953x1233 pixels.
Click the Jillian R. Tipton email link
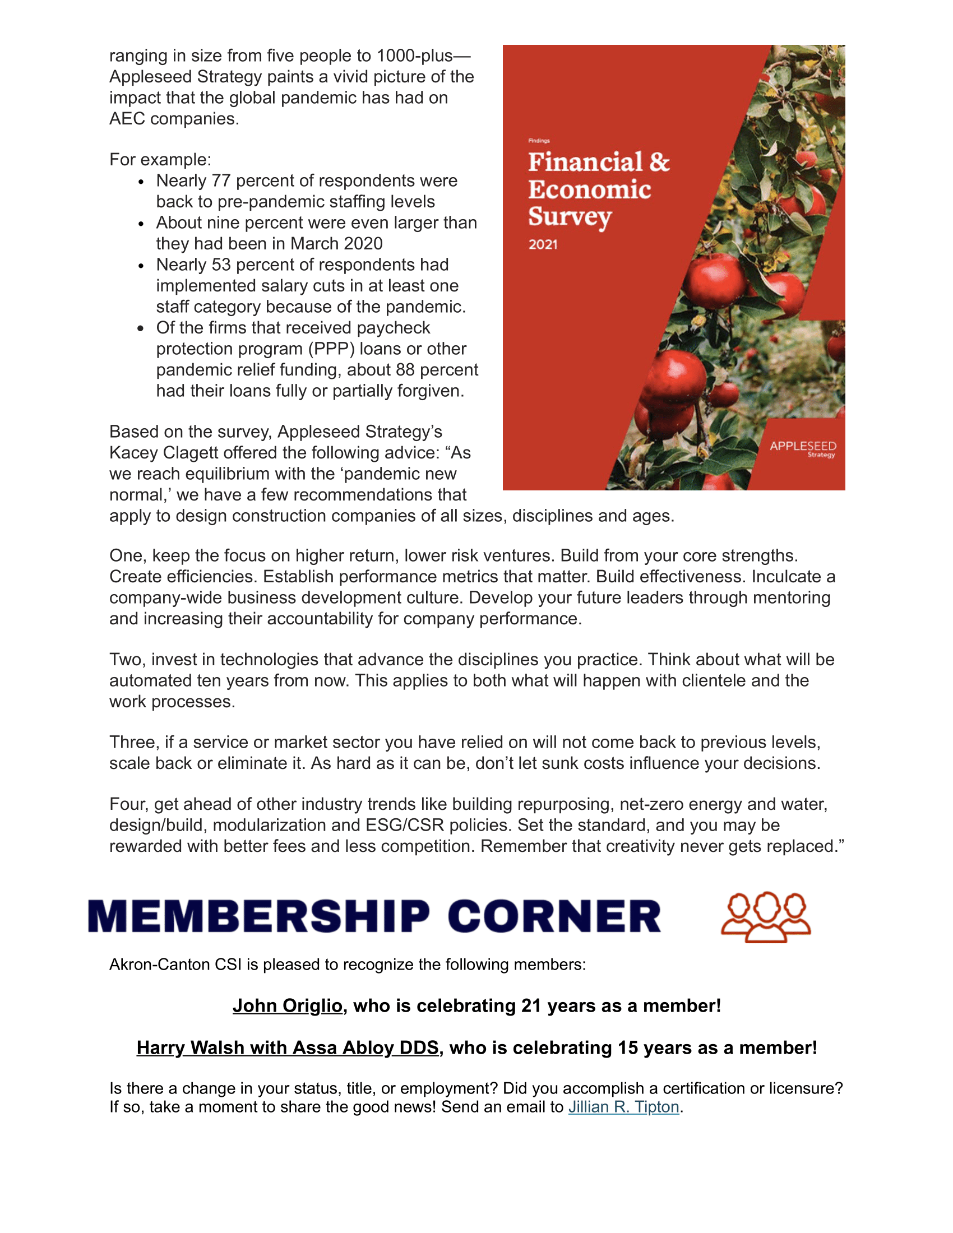pos(623,1107)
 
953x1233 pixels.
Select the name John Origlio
pos(288,1005)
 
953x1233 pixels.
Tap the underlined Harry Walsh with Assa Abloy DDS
pos(288,1048)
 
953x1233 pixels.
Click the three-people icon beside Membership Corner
pos(766,917)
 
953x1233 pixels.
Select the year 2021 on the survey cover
pos(543,245)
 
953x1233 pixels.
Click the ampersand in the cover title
pos(659,163)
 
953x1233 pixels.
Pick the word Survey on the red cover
pos(570,217)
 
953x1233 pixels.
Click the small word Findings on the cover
pos(539,141)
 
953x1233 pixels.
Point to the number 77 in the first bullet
pos(221,180)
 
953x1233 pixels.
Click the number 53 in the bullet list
pos(221,265)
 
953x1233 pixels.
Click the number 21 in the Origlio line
pos(531,1005)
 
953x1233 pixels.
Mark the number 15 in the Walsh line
pos(628,1048)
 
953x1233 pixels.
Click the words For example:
pos(160,160)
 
